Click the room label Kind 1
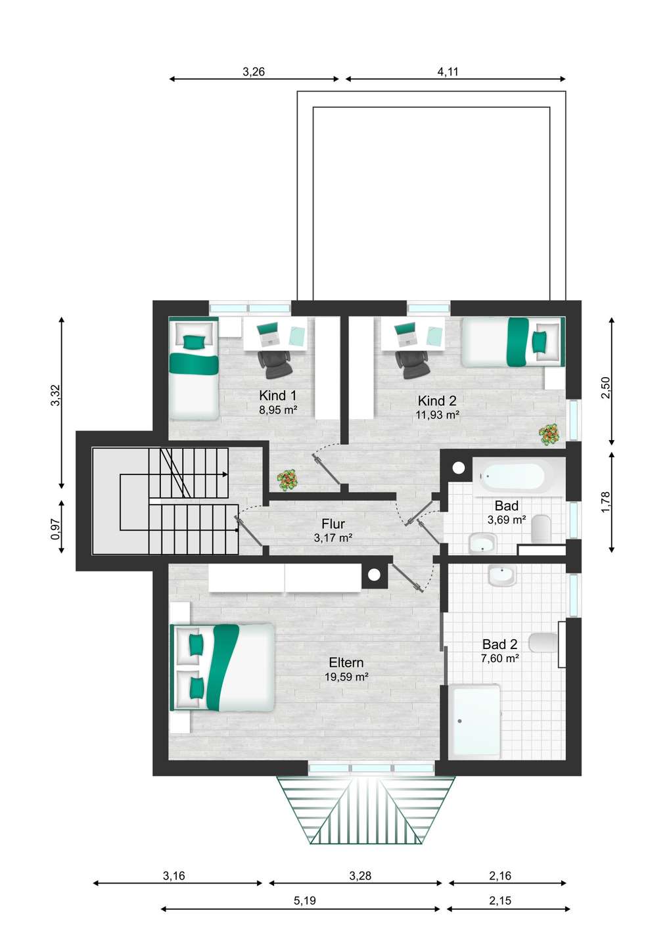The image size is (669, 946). [x=277, y=395]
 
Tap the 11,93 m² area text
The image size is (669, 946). [x=438, y=415]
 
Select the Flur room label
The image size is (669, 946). [x=333, y=524]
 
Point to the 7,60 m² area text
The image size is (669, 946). [x=499, y=658]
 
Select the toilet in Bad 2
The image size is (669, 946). [x=544, y=642]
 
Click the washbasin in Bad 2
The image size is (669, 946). [x=502, y=575]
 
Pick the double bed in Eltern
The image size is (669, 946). [x=222, y=667]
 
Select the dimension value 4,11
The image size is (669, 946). [x=448, y=72]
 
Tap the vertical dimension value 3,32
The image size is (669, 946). [x=55, y=395]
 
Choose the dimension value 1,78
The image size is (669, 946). [x=605, y=502]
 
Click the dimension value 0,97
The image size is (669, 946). [x=55, y=529]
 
